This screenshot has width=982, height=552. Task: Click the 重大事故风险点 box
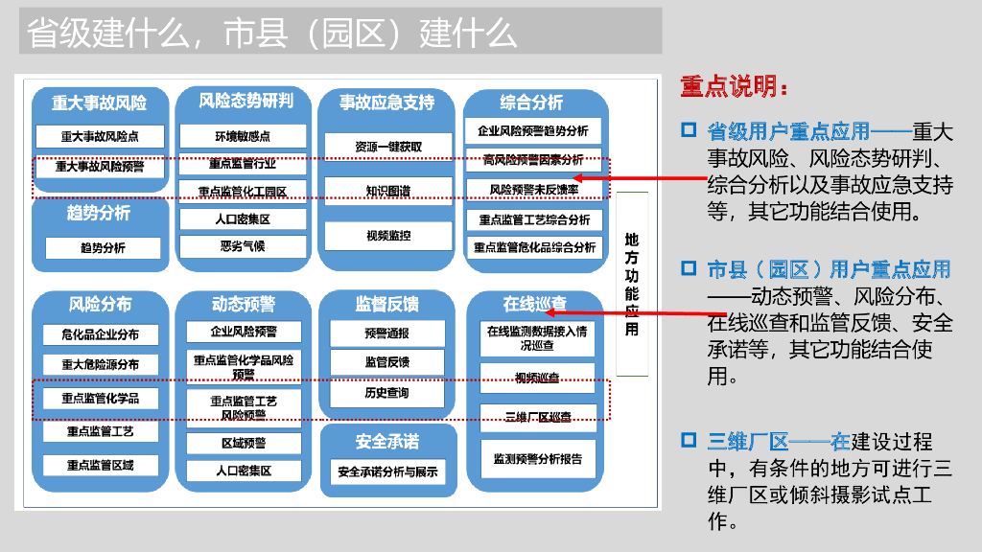[100, 137]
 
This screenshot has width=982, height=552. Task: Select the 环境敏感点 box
[242, 136]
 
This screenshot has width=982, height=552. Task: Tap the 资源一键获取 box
[387, 147]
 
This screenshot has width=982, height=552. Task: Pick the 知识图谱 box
[387, 191]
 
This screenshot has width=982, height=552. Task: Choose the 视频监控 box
[387, 235]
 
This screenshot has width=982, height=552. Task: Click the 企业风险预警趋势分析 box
[533, 130]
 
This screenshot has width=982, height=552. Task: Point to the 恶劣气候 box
[242, 246]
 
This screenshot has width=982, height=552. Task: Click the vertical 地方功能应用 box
[631, 284]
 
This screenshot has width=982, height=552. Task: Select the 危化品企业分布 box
[100, 334]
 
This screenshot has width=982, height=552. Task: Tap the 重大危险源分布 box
[100, 364]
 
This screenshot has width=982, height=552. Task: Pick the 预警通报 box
[386, 333]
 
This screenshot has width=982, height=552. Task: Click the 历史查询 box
[386, 393]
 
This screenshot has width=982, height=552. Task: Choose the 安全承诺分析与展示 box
[386, 471]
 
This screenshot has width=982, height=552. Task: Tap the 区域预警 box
[243, 443]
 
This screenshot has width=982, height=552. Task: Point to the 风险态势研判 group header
[245, 101]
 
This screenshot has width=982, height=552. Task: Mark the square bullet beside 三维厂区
[688, 441]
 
